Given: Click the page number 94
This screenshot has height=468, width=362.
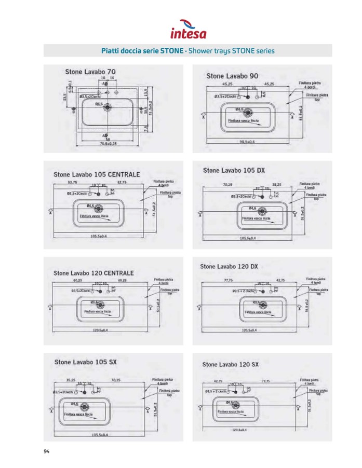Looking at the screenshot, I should tap(47, 451).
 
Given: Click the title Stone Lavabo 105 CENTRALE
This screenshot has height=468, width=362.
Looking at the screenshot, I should tap(97, 174).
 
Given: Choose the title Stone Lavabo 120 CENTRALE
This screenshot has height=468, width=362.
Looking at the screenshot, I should tap(93, 272).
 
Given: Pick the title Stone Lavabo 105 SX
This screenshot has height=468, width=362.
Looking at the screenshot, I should tap(85, 362).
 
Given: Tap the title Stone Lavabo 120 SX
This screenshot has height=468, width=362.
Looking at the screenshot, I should tap(230, 364).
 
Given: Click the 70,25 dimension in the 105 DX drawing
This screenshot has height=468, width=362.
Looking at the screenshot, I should tap(227, 185).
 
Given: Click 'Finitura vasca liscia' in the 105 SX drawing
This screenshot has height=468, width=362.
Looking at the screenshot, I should tap(78, 415).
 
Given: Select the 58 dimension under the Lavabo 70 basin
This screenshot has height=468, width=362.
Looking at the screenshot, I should tap(108, 139).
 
